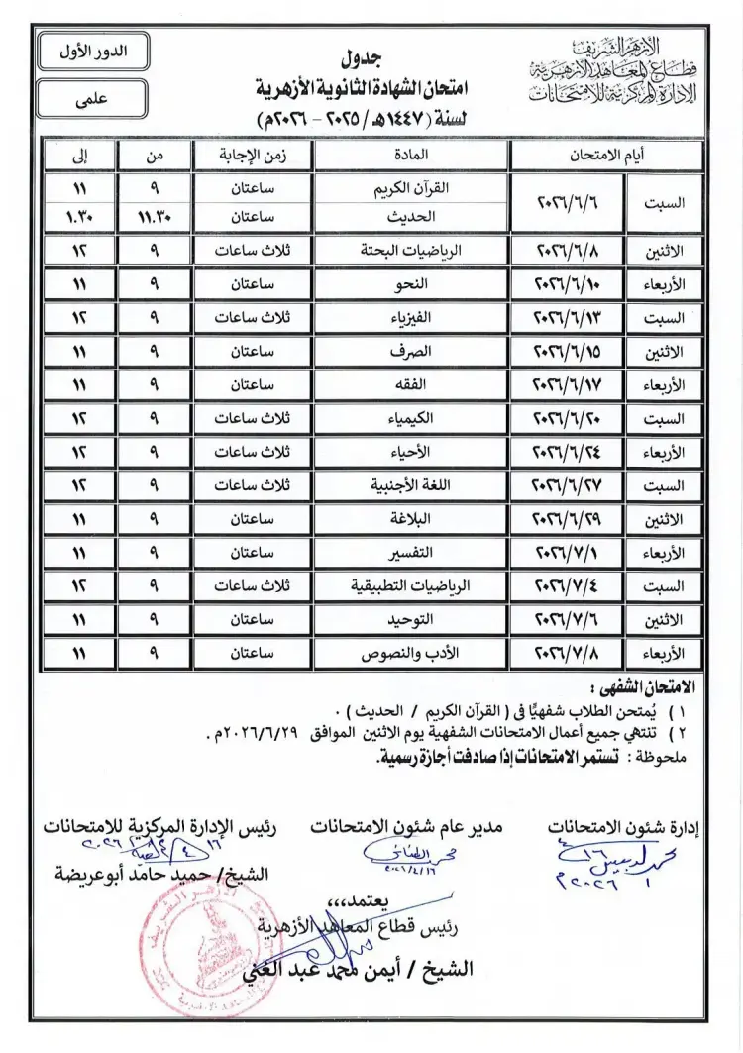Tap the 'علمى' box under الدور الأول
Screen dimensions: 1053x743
90,98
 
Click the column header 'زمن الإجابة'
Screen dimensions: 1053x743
252,156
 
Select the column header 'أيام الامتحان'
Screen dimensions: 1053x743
605,156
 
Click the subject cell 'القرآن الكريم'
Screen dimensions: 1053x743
411,187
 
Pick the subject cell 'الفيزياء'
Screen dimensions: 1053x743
411,318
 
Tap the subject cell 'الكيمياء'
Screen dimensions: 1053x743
411,418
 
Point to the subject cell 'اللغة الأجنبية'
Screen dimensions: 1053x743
411,485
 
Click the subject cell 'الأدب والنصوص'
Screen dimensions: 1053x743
411,654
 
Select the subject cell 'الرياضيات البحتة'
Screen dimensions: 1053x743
411,251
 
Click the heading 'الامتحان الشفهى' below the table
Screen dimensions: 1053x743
643,686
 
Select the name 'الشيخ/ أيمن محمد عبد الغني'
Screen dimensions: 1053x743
376,967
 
